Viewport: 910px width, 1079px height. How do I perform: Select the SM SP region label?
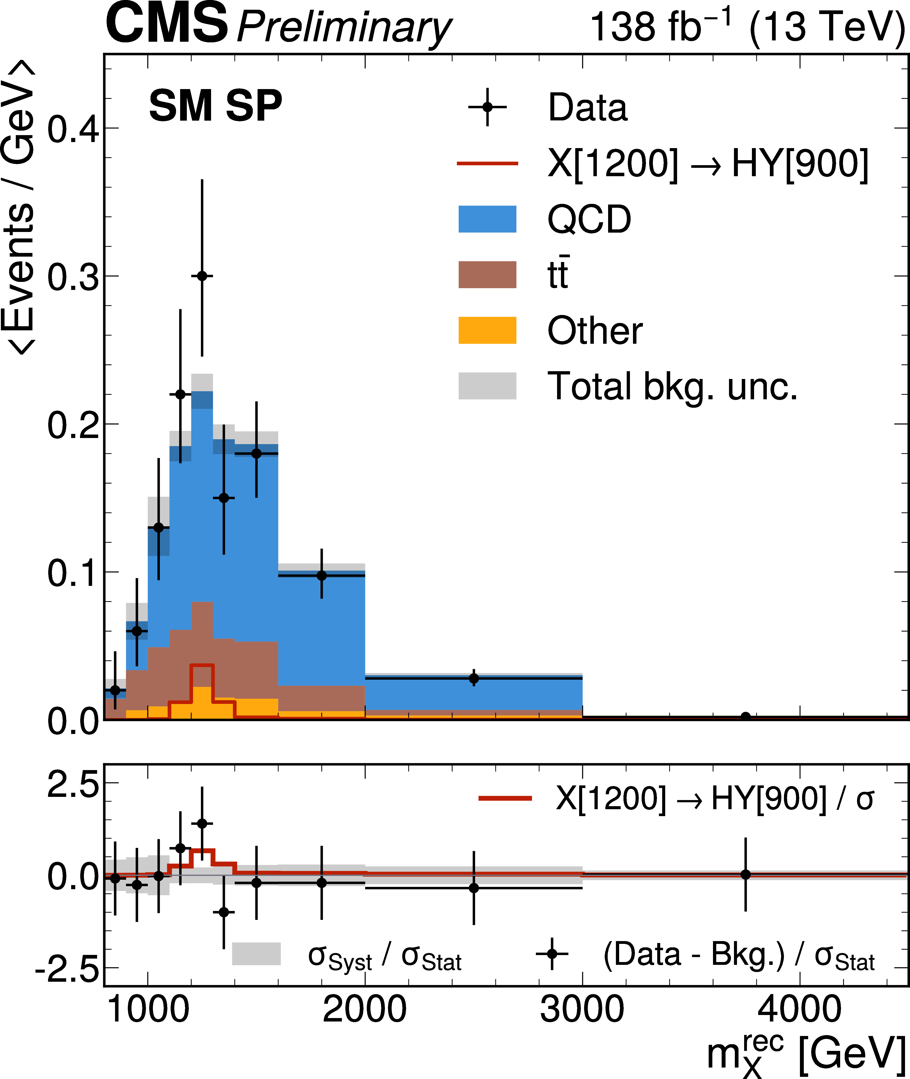pyautogui.click(x=216, y=106)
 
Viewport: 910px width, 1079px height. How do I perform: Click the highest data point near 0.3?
pyautogui.click(x=202, y=276)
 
